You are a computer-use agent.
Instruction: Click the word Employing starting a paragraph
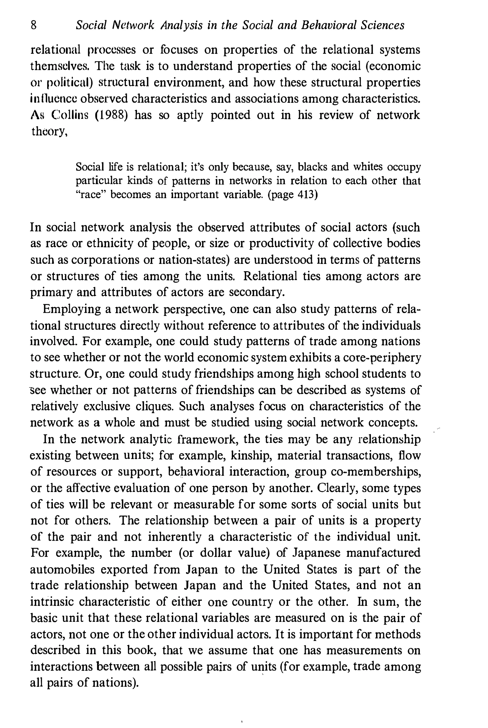click(x=71, y=309)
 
